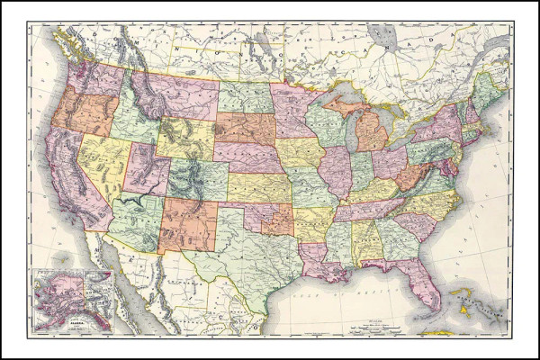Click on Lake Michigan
pos(346,126)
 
